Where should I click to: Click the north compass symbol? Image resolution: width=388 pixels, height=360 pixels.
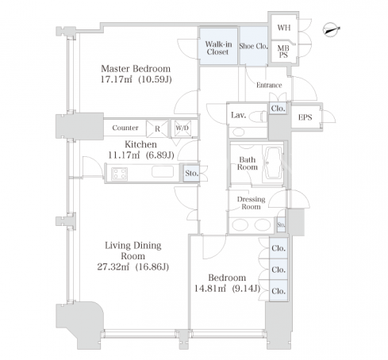click(x=331, y=29)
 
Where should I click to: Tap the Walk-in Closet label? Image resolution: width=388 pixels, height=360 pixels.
click(x=218, y=48)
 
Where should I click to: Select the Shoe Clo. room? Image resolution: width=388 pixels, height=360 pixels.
click(x=253, y=46)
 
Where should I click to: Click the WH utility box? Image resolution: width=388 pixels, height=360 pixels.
click(x=284, y=27)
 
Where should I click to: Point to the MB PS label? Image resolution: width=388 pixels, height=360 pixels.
click(x=283, y=52)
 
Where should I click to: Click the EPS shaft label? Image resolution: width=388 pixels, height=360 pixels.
click(x=305, y=117)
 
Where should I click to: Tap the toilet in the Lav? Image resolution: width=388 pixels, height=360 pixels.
click(x=258, y=117)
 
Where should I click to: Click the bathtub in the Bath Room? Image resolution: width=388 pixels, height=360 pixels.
click(x=273, y=163)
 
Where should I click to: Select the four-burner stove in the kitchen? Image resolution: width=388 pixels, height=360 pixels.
click(x=119, y=174)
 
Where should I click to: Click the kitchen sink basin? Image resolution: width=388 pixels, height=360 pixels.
click(x=163, y=171)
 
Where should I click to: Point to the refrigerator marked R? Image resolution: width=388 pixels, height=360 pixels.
click(x=157, y=128)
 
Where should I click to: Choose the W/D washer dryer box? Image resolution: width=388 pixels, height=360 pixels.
click(x=182, y=128)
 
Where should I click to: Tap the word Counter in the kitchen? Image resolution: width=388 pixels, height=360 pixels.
click(x=125, y=128)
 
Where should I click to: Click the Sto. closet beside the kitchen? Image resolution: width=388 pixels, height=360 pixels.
click(x=191, y=173)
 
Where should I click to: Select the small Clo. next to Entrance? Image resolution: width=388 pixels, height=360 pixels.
click(x=278, y=109)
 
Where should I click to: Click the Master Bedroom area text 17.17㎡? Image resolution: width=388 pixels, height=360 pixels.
click(x=117, y=79)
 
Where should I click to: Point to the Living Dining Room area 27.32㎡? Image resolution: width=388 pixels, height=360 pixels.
click(x=113, y=266)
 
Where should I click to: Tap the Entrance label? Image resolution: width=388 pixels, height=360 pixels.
click(x=269, y=85)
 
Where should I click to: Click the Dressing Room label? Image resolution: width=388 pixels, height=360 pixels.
click(x=251, y=203)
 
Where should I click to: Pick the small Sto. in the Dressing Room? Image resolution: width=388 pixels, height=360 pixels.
click(x=281, y=224)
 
